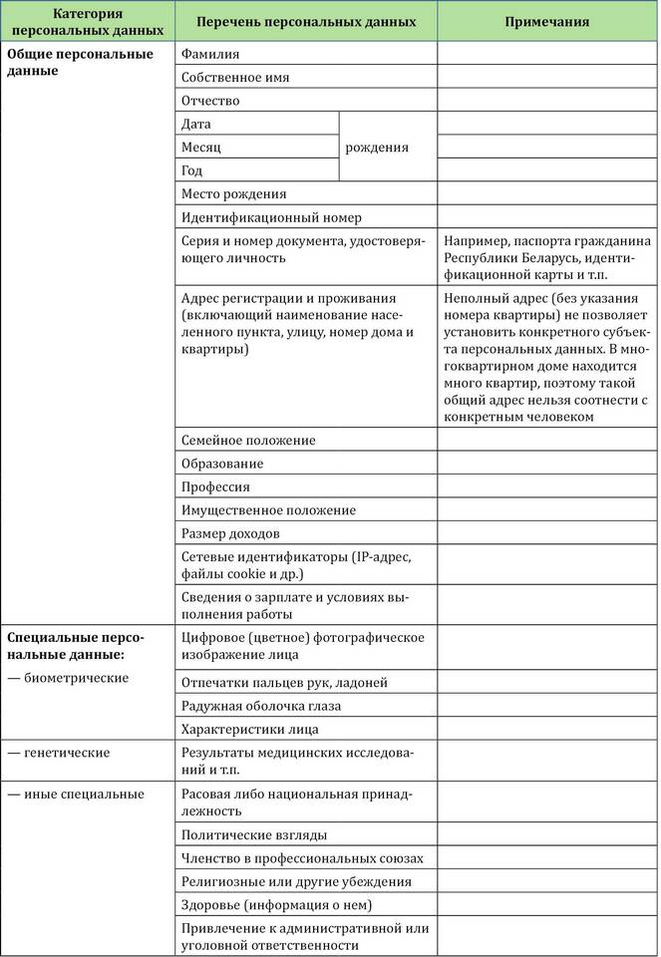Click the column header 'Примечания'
[x=545, y=21]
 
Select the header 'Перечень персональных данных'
[x=305, y=21]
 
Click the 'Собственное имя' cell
[x=236, y=77]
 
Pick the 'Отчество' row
[x=210, y=100]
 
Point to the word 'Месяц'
[x=201, y=147]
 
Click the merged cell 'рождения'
[x=377, y=147]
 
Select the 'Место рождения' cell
[x=234, y=193]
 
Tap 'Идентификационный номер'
[x=272, y=216]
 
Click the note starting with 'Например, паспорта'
[x=547, y=258]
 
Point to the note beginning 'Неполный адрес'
[x=547, y=357]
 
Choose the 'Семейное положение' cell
[x=248, y=440]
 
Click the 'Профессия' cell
[x=216, y=486]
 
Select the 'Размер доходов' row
[x=230, y=533]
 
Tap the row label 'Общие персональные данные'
[x=80, y=62]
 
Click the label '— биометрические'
[x=68, y=678]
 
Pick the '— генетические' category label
[x=59, y=752]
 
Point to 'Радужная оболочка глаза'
[x=261, y=706]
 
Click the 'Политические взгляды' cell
[x=254, y=834]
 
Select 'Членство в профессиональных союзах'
[x=302, y=857]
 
